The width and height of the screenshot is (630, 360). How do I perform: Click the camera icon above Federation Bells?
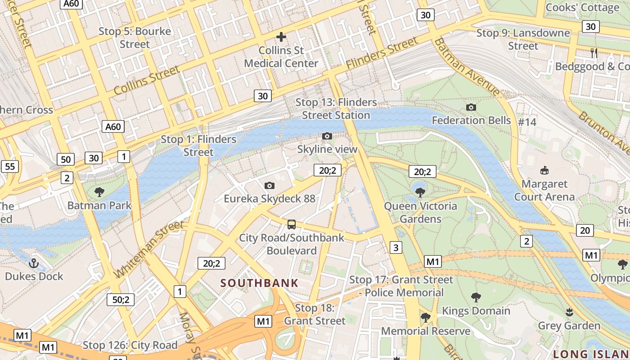(471, 107)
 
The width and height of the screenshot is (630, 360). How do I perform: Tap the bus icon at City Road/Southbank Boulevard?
(292, 224)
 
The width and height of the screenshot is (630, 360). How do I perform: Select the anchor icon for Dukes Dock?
(34, 263)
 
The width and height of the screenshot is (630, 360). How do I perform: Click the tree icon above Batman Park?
(99, 192)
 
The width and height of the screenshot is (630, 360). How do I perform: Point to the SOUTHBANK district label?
(260, 283)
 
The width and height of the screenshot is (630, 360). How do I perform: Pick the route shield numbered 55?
(10, 166)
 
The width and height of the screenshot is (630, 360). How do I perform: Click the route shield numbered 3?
(396, 247)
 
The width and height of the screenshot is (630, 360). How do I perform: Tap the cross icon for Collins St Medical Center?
(281, 37)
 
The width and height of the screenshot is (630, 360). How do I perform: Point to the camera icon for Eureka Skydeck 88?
(270, 185)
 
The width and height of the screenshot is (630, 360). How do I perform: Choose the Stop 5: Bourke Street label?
(135, 38)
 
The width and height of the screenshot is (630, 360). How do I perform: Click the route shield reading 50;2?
(121, 300)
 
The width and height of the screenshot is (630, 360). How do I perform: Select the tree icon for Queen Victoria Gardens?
(420, 193)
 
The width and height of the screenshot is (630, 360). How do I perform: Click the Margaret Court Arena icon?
(544, 170)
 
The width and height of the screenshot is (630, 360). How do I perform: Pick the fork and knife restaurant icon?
(594, 53)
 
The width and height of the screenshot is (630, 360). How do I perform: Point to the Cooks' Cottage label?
(582, 8)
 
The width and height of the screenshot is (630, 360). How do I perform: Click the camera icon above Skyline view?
(327, 136)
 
